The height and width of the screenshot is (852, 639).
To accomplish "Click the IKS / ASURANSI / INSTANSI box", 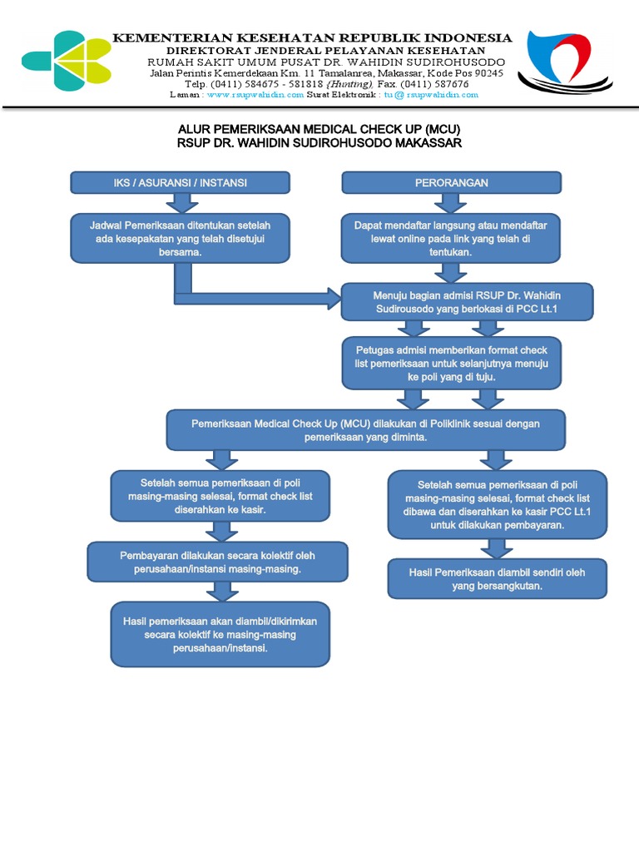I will pos(180,182).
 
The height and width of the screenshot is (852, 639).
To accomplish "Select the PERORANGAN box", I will pos(452,182).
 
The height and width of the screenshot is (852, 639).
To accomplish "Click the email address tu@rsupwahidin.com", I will pos(431,95).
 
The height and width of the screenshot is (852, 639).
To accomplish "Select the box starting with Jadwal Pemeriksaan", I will pos(180,238).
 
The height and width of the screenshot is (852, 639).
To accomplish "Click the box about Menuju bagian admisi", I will pos(467,301).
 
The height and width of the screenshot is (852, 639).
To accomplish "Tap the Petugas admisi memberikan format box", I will pos(451,363).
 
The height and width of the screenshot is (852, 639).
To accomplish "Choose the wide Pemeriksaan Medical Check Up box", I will pos(366,430).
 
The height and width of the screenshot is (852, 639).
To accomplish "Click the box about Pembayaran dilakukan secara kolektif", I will pos(217,562).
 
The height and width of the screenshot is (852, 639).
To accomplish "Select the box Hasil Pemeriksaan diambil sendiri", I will pos(497,579).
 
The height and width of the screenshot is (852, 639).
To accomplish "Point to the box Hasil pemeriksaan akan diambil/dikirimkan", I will pos(220,634).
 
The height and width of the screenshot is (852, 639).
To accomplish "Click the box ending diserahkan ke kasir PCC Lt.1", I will pos(497,505).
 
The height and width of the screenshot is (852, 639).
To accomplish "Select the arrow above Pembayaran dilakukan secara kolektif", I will pos(221,531).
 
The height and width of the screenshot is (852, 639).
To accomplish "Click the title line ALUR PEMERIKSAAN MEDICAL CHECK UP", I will pos(319,130).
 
